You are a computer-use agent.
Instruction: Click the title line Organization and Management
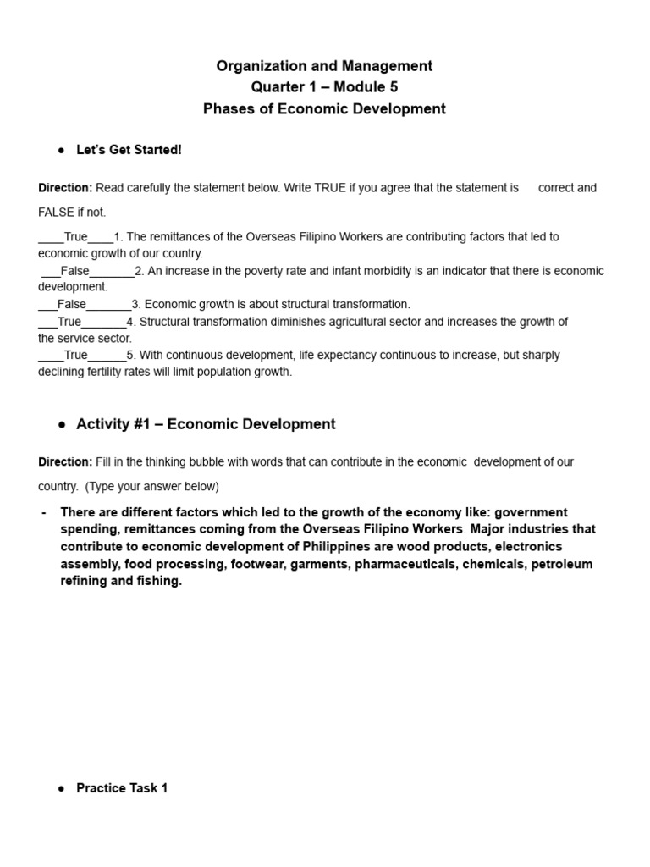click(x=324, y=66)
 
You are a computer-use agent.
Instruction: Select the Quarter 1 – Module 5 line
click(x=324, y=87)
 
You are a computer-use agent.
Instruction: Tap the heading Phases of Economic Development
click(x=324, y=109)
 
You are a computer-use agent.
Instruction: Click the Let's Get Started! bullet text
click(x=129, y=150)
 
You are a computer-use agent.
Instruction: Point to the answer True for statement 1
click(x=75, y=237)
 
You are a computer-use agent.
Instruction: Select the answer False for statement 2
click(x=74, y=271)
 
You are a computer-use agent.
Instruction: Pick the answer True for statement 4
click(x=69, y=322)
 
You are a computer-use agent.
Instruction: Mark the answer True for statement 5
click(x=75, y=356)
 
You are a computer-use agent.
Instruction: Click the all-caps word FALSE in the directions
click(x=57, y=213)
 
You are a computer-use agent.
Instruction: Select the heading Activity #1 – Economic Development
click(x=206, y=424)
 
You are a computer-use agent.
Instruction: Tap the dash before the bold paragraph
click(x=43, y=513)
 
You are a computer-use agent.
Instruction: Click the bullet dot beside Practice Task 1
click(x=62, y=788)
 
